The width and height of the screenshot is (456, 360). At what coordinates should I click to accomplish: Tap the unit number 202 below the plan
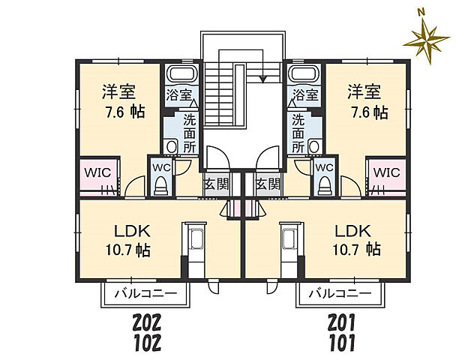pyautogui.click(x=148, y=324)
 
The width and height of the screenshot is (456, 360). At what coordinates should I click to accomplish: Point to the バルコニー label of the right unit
pyautogui.click(x=340, y=292)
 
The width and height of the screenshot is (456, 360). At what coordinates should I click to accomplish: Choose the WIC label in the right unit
pyautogui.click(x=385, y=172)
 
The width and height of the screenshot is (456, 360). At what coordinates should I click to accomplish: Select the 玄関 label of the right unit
pyautogui.click(x=266, y=183)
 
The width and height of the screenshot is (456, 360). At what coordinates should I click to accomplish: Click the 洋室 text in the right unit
pyautogui.click(x=364, y=92)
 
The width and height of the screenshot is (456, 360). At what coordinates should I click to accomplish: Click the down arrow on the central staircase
pyautogui.click(x=262, y=76)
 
